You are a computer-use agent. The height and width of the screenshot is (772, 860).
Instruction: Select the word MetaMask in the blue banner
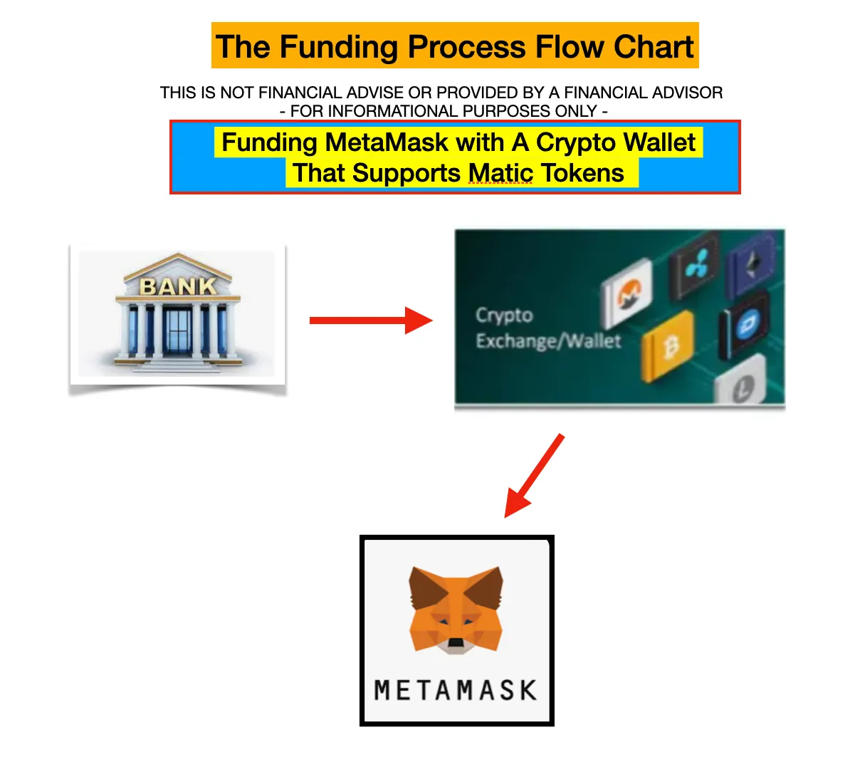[x=386, y=142]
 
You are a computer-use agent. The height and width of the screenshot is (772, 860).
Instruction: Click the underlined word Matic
[x=500, y=173]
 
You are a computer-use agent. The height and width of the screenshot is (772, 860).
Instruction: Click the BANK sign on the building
[x=178, y=286]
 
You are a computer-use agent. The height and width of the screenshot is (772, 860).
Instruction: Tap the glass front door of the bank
[x=178, y=332]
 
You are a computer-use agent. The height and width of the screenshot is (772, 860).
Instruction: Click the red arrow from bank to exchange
[x=371, y=320]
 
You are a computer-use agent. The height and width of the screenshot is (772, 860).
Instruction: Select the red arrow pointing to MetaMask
[x=533, y=476]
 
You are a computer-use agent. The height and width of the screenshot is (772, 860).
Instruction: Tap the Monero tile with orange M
[x=626, y=293]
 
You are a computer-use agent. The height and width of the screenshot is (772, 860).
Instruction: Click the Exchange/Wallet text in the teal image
[x=548, y=341]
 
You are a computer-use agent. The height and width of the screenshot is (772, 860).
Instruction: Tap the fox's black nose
[x=455, y=642]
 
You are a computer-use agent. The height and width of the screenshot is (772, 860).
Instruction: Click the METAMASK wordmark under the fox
[x=456, y=690]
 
